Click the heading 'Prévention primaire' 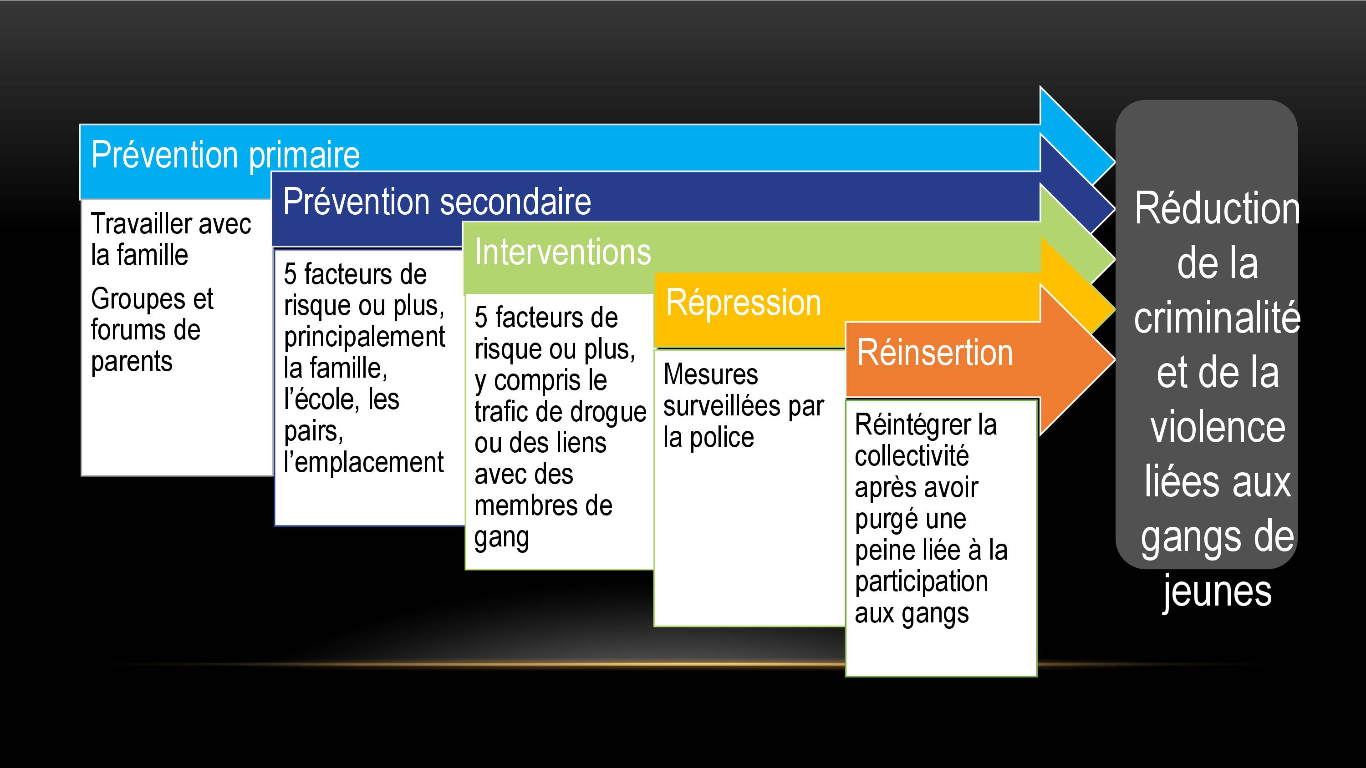tap(225, 155)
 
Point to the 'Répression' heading tap(744, 303)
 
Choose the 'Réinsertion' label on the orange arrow tap(935, 353)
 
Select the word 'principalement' tap(364, 337)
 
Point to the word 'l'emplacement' tap(363, 462)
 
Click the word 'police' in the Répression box tap(722, 438)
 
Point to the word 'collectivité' tap(912, 456)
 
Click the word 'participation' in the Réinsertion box tap(921, 582)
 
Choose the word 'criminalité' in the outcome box tap(1217, 317)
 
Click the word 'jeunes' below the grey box tap(1217, 592)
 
